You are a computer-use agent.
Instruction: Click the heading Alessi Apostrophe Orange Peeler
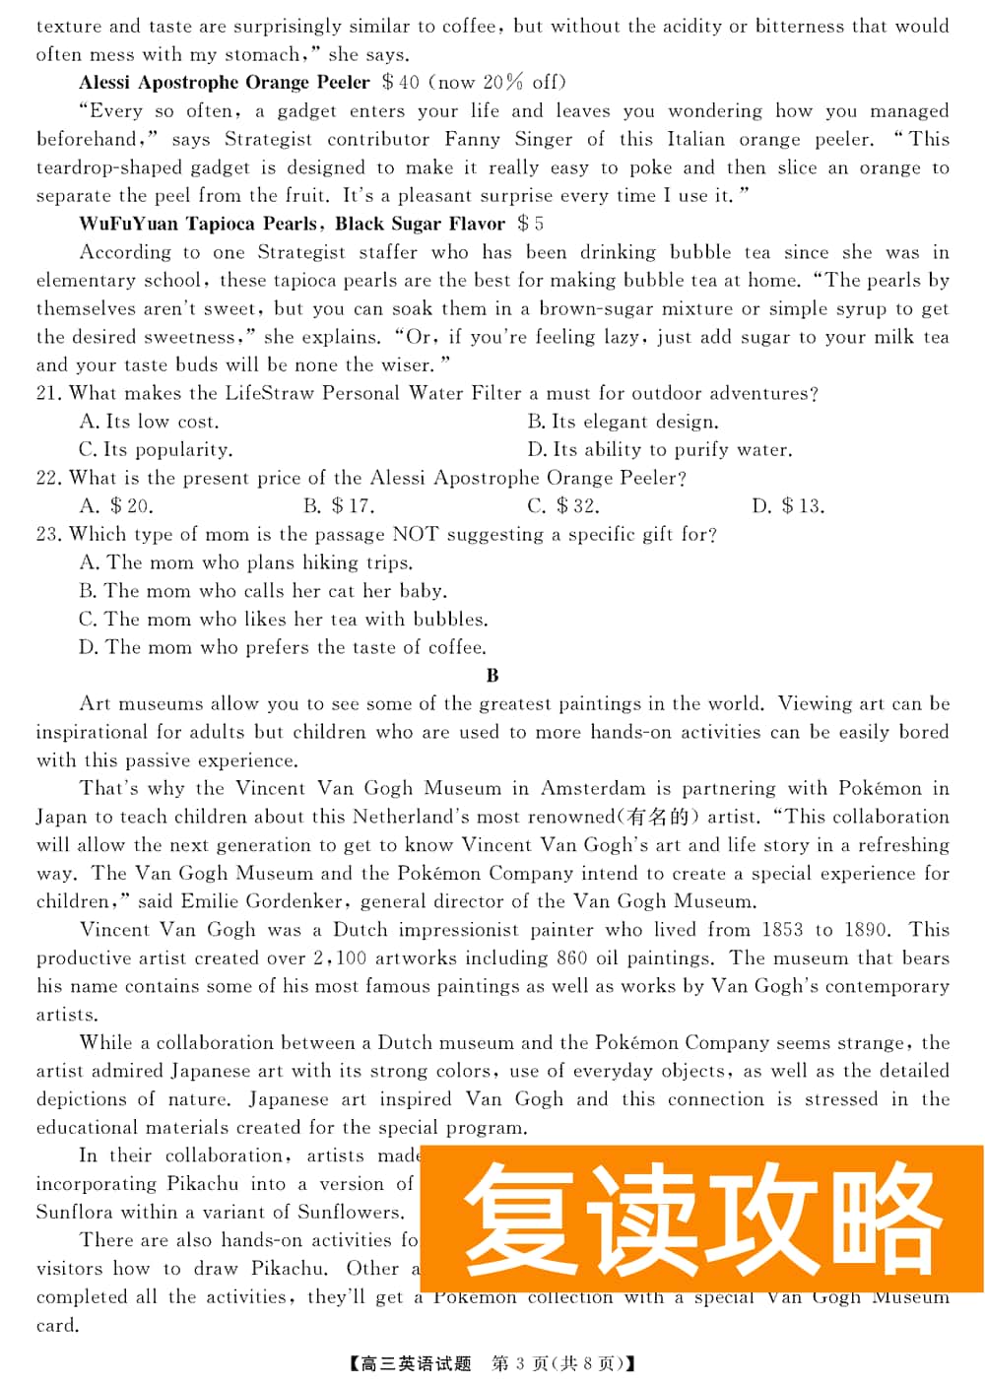point(225,83)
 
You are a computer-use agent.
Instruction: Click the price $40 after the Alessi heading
point(401,83)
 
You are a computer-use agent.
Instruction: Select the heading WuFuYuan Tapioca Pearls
point(198,224)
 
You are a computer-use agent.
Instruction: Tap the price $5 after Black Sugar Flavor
point(531,224)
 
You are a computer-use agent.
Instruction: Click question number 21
point(48,394)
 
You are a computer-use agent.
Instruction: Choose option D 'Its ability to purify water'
point(660,450)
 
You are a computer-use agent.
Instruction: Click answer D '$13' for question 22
point(788,506)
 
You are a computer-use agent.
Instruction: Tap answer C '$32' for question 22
point(563,506)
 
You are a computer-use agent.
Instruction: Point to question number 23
point(48,535)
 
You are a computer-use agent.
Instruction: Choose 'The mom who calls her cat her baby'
point(263,591)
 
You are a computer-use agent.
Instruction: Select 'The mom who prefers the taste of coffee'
point(283,648)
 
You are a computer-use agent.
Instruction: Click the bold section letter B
point(492,676)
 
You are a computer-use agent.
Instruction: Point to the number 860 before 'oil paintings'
point(571,958)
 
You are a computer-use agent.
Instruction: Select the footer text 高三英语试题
point(417,1363)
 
